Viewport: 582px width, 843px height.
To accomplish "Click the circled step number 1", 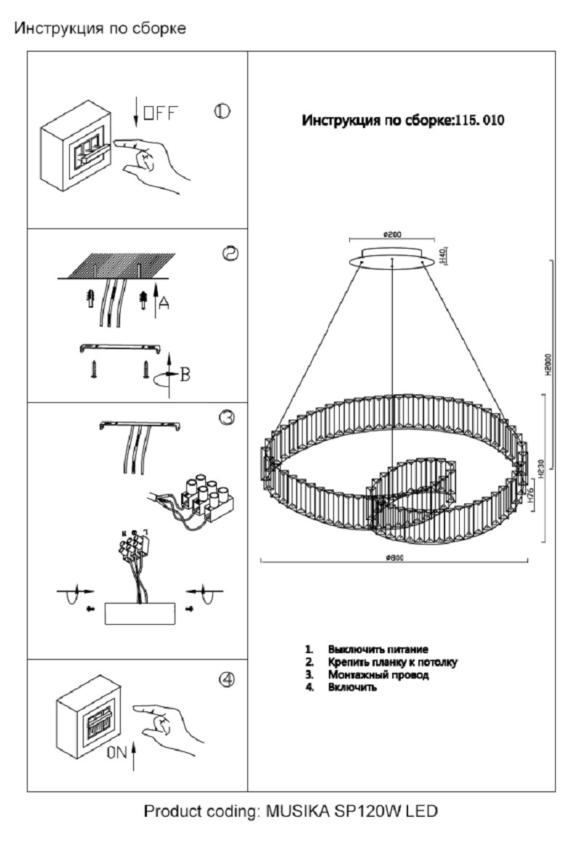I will [222, 111].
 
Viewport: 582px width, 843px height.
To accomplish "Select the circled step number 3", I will [226, 417].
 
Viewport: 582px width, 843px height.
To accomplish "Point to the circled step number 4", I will [227, 679].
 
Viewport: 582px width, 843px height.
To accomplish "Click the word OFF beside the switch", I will [159, 113].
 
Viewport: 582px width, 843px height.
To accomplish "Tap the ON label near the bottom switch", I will [117, 754].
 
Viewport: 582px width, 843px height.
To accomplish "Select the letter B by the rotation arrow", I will [185, 375].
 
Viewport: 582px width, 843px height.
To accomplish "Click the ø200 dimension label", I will [392, 234].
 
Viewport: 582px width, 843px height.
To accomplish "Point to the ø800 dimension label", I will [394, 557].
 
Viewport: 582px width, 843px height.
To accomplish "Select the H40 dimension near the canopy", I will [442, 255].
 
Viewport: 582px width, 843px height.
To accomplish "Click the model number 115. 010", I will [479, 121].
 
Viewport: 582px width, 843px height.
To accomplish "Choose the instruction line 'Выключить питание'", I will [378, 649].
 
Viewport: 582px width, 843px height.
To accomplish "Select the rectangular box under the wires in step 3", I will [140, 613].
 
